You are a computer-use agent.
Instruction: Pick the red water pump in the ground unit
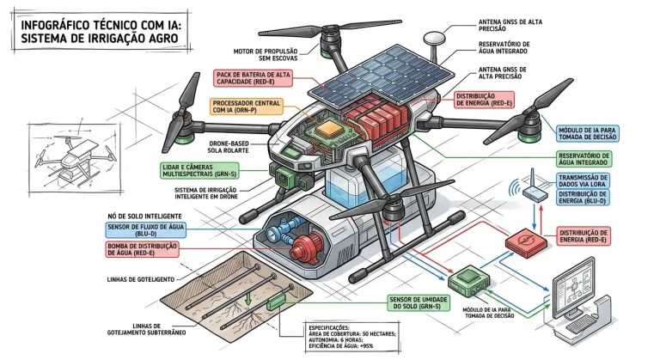(x=302, y=247)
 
